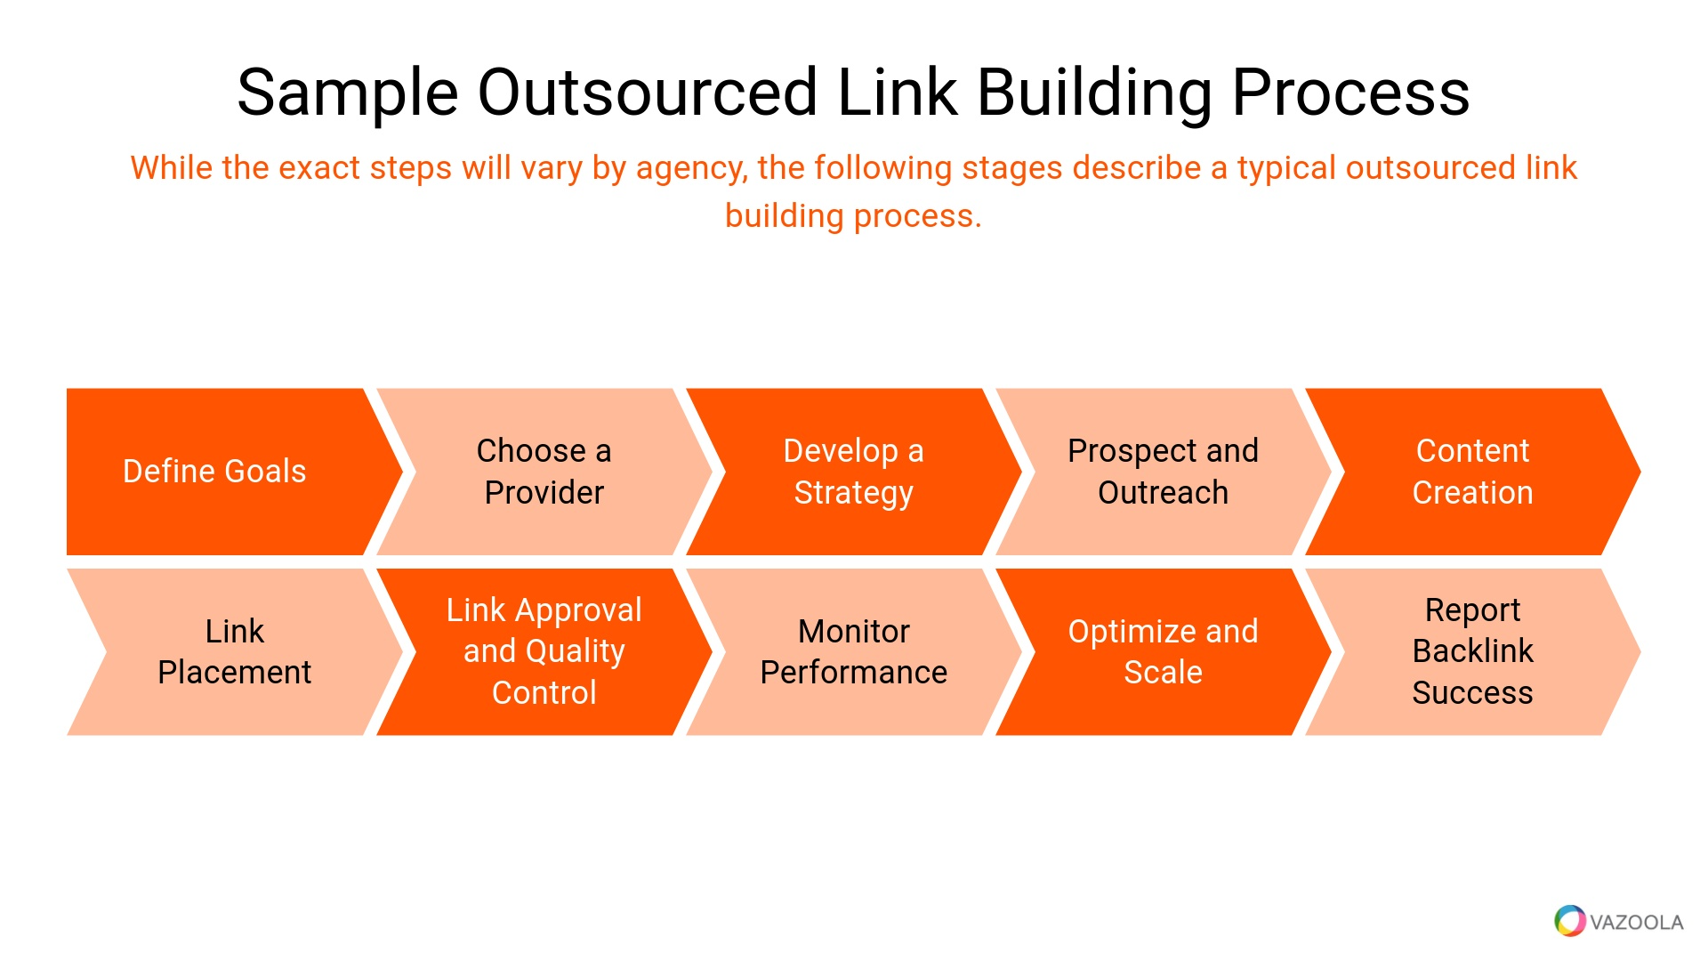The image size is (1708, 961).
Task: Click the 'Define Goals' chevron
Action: [214, 472]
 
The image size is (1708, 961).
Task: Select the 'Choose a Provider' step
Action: [544, 472]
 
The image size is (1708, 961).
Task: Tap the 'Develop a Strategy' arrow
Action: [853, 472]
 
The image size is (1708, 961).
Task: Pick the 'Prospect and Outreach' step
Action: [1163, 472]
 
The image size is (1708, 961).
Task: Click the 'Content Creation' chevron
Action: [1472, 472]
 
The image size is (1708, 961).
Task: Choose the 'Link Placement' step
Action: [234, 651]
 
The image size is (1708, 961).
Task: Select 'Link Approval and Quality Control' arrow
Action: [544, 651]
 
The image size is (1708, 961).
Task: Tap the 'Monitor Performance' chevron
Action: [853, 651]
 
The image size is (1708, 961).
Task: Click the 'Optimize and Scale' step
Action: [1163, 651]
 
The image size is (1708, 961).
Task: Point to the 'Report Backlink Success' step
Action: [1472, 651]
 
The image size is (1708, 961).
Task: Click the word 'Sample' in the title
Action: [347, 93]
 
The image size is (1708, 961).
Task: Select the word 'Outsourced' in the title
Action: [648, 93]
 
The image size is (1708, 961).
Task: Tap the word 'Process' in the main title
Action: [1350, 93]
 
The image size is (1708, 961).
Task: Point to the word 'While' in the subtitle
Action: [171, 168]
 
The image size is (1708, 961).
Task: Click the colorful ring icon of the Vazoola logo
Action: [1569, 921]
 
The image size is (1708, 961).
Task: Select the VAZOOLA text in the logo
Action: [1636, 923]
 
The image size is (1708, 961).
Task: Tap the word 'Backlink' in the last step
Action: [1472, 651]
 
